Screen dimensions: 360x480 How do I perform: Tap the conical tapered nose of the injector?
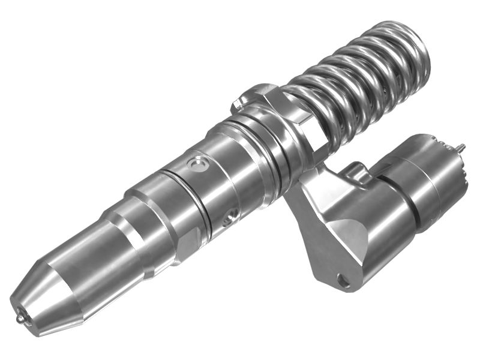[x=42, y=288]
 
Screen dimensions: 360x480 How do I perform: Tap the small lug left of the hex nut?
[x=238, y=100]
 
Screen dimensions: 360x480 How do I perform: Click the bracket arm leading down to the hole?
[x=318, y=240]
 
